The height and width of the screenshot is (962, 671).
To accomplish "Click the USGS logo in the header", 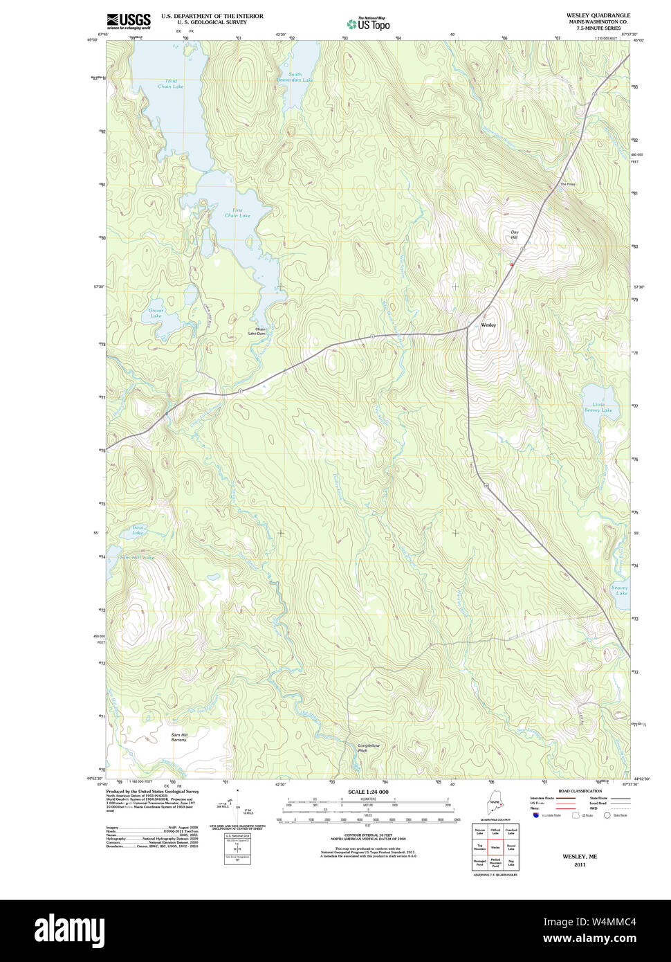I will coord(128,21).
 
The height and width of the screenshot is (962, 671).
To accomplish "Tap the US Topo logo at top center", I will coord(368,24).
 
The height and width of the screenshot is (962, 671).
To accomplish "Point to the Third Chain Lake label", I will coord(171,84).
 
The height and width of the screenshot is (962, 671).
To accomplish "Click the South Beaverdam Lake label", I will coord(300,77).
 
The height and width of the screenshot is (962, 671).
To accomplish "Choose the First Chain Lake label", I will coord(237,212).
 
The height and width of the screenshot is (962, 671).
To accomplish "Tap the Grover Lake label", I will coord(156,313).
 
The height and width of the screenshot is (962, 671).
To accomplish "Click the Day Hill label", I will coord(514,235).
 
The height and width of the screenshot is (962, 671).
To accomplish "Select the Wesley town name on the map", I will coord(488,325).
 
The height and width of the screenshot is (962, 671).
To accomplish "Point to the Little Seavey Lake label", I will coord(598,407).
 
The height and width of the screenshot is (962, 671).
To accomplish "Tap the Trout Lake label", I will coord(138,530).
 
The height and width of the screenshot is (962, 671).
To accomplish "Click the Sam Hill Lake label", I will coord(137,557).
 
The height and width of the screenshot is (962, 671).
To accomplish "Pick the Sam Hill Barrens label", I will coord(179,737).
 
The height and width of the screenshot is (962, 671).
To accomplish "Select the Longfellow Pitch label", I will coord(369,748).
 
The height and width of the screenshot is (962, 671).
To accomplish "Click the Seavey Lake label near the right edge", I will coord(619,590).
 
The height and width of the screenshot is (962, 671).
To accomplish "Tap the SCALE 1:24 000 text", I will coord(368,792).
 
